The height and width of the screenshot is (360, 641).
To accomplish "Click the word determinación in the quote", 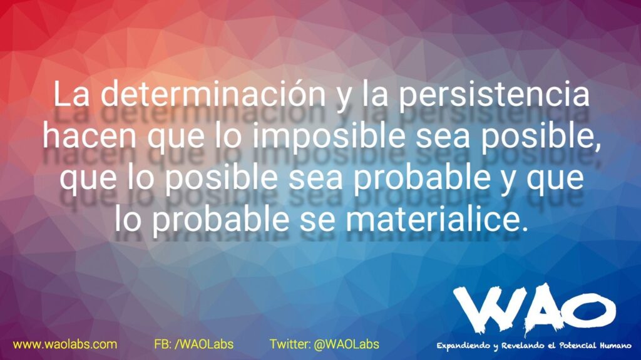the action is point(213,94).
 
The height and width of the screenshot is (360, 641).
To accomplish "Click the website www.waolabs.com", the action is point(65,344).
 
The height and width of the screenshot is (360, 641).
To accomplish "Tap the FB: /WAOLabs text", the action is point(194,344).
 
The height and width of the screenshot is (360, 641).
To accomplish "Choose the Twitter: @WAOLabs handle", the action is point(325,344).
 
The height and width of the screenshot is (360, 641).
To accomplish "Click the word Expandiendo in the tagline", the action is point(463,346).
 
